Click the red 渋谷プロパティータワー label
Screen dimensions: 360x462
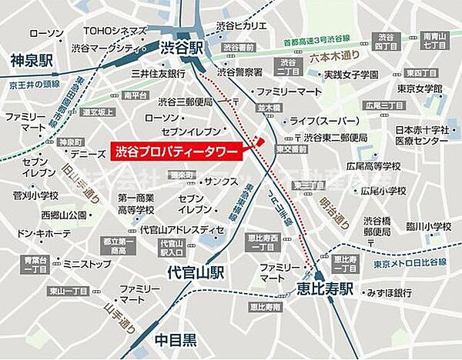coord(176,151)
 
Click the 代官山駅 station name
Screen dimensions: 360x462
coord(196,272)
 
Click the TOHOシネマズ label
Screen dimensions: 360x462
coord(113,31)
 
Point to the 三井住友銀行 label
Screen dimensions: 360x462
coord(158,74)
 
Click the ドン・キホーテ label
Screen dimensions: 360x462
coord(44,232)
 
